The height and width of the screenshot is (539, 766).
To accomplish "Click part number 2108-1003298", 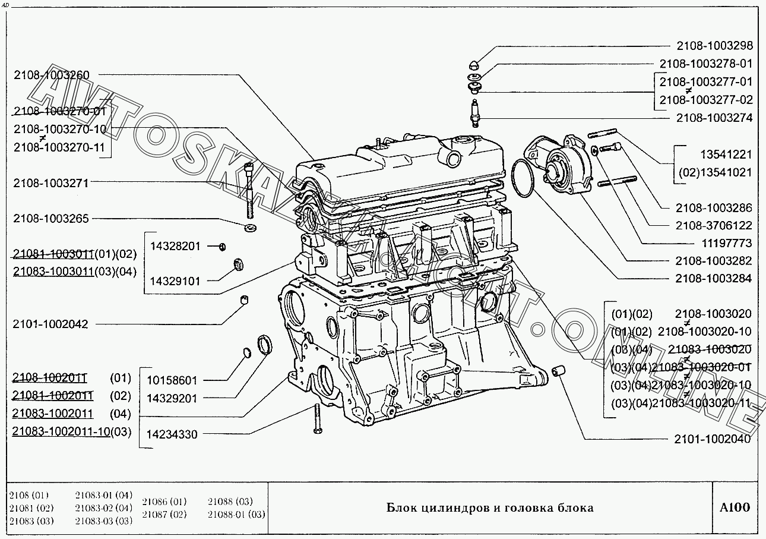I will click(x=714, y=46).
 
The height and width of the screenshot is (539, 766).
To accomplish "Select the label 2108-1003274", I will click(x=714, y=118).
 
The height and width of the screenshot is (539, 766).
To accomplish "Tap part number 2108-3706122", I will click(x=714, y=226).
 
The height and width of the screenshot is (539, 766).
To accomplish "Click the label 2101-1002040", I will click(x=712, y=439).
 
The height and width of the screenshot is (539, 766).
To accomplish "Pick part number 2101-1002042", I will click(x=50, y=324).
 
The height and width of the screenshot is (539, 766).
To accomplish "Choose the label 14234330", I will click(x=172, y=434).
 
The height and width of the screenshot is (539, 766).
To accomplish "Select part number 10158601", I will click(x=172, y=380).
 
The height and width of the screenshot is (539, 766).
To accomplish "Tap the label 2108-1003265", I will click(x=51, y=219).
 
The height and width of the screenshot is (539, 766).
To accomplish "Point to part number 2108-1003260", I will click(x=51, y=75).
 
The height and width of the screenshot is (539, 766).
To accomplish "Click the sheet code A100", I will click(x=735, y=508).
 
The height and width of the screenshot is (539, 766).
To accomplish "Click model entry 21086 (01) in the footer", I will click(x=164, y=502).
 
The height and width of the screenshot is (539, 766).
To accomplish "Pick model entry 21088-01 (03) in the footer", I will click(x=236, y=514).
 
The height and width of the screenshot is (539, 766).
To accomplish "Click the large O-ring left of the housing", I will click(x=523, y=178).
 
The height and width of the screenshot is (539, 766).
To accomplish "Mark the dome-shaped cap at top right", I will click(x=475, y=64).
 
